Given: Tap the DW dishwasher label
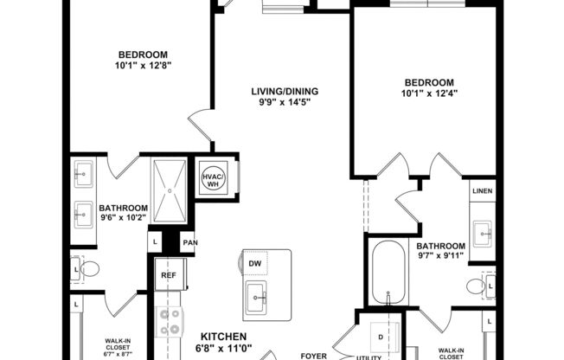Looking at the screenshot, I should click(255, 263).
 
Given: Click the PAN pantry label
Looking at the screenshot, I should click(189, 243).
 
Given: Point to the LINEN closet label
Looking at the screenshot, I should click(483, 190).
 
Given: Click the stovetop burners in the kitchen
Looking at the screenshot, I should click(170, 321).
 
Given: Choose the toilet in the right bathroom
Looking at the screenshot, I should click(475, 285).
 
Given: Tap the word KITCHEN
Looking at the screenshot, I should click(224, 336).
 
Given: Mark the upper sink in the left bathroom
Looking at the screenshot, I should click(85, 176).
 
